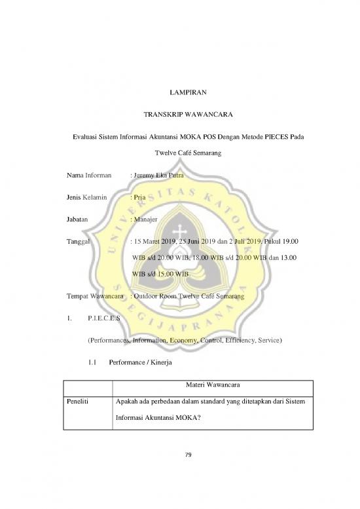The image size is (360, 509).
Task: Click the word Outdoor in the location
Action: click(152, 297)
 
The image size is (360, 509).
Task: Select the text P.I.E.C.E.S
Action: click(103, 319)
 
